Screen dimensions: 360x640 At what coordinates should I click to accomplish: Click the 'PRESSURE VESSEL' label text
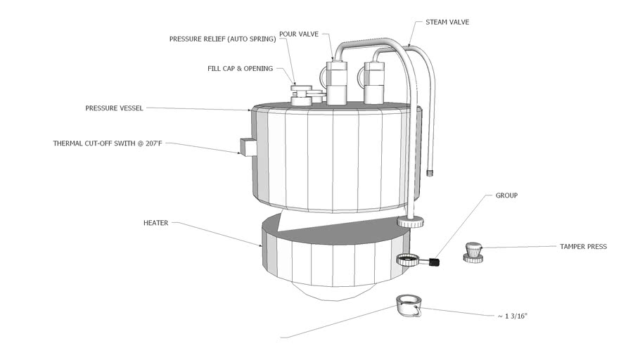(x=114, y=108)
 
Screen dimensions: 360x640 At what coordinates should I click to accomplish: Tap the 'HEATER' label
(x=155, y=222)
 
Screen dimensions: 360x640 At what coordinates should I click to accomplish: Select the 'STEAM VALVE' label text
(x=447, y=22)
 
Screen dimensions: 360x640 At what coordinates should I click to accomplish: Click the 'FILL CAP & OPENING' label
(x=240, y=68)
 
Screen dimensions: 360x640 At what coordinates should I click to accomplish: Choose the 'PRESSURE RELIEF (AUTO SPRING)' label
(x=222, y=39)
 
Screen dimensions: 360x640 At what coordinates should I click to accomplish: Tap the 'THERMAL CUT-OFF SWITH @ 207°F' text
(x=108, y=143)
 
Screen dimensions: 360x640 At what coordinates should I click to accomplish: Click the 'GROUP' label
(x=506, y=195)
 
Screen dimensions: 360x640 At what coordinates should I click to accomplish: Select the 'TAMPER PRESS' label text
(x=583, y=247)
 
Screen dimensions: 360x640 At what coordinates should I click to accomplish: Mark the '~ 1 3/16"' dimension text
(x=512, y=316)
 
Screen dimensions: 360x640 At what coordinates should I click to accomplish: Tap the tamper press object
(x=473, y=252)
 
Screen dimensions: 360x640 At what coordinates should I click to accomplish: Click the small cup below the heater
(x=407, y=305)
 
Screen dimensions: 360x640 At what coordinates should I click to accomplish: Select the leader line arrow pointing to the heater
(x=260, y=244)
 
